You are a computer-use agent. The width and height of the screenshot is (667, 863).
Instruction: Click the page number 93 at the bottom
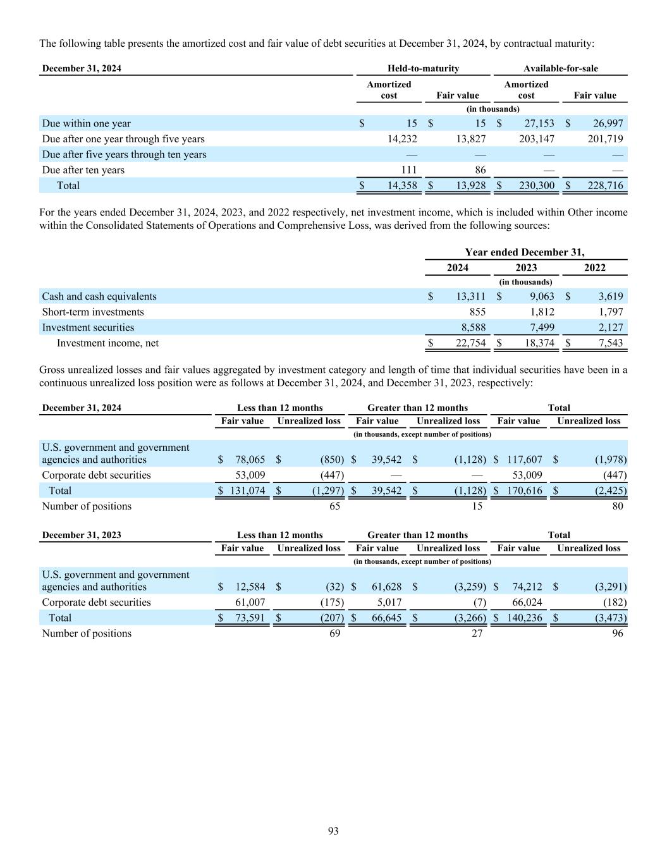[x=333, y=831]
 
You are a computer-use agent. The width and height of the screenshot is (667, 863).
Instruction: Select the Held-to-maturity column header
[x=423, y=68]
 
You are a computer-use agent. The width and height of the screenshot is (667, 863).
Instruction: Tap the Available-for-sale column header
[x=560, y=68]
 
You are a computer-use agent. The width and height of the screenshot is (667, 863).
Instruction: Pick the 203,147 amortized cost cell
[x=536, y=139]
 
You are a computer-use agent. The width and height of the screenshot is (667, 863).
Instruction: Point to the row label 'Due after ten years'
[x=83, y=170]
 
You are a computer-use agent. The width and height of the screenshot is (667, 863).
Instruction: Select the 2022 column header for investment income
[x=594, y=267]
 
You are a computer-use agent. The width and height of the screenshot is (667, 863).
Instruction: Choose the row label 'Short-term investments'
[x=92, y=312]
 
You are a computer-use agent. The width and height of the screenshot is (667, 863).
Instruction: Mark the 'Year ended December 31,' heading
[x=524, y=252]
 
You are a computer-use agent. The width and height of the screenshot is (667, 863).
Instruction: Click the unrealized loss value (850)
[x=332, y=460]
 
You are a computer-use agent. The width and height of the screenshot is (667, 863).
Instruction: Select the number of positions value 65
[x=334, y=506]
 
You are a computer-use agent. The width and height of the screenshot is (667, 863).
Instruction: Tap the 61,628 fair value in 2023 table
[x=386, y=587]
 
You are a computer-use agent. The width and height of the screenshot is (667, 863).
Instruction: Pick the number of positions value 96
[x=617, y=633]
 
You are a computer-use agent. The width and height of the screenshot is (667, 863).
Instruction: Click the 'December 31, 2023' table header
[x=81, y=535]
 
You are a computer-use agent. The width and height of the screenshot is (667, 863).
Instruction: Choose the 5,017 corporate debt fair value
[x=389, y=602]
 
